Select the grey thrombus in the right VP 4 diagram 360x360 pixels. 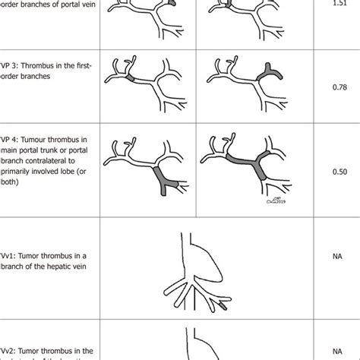click(x=243, y=163)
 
